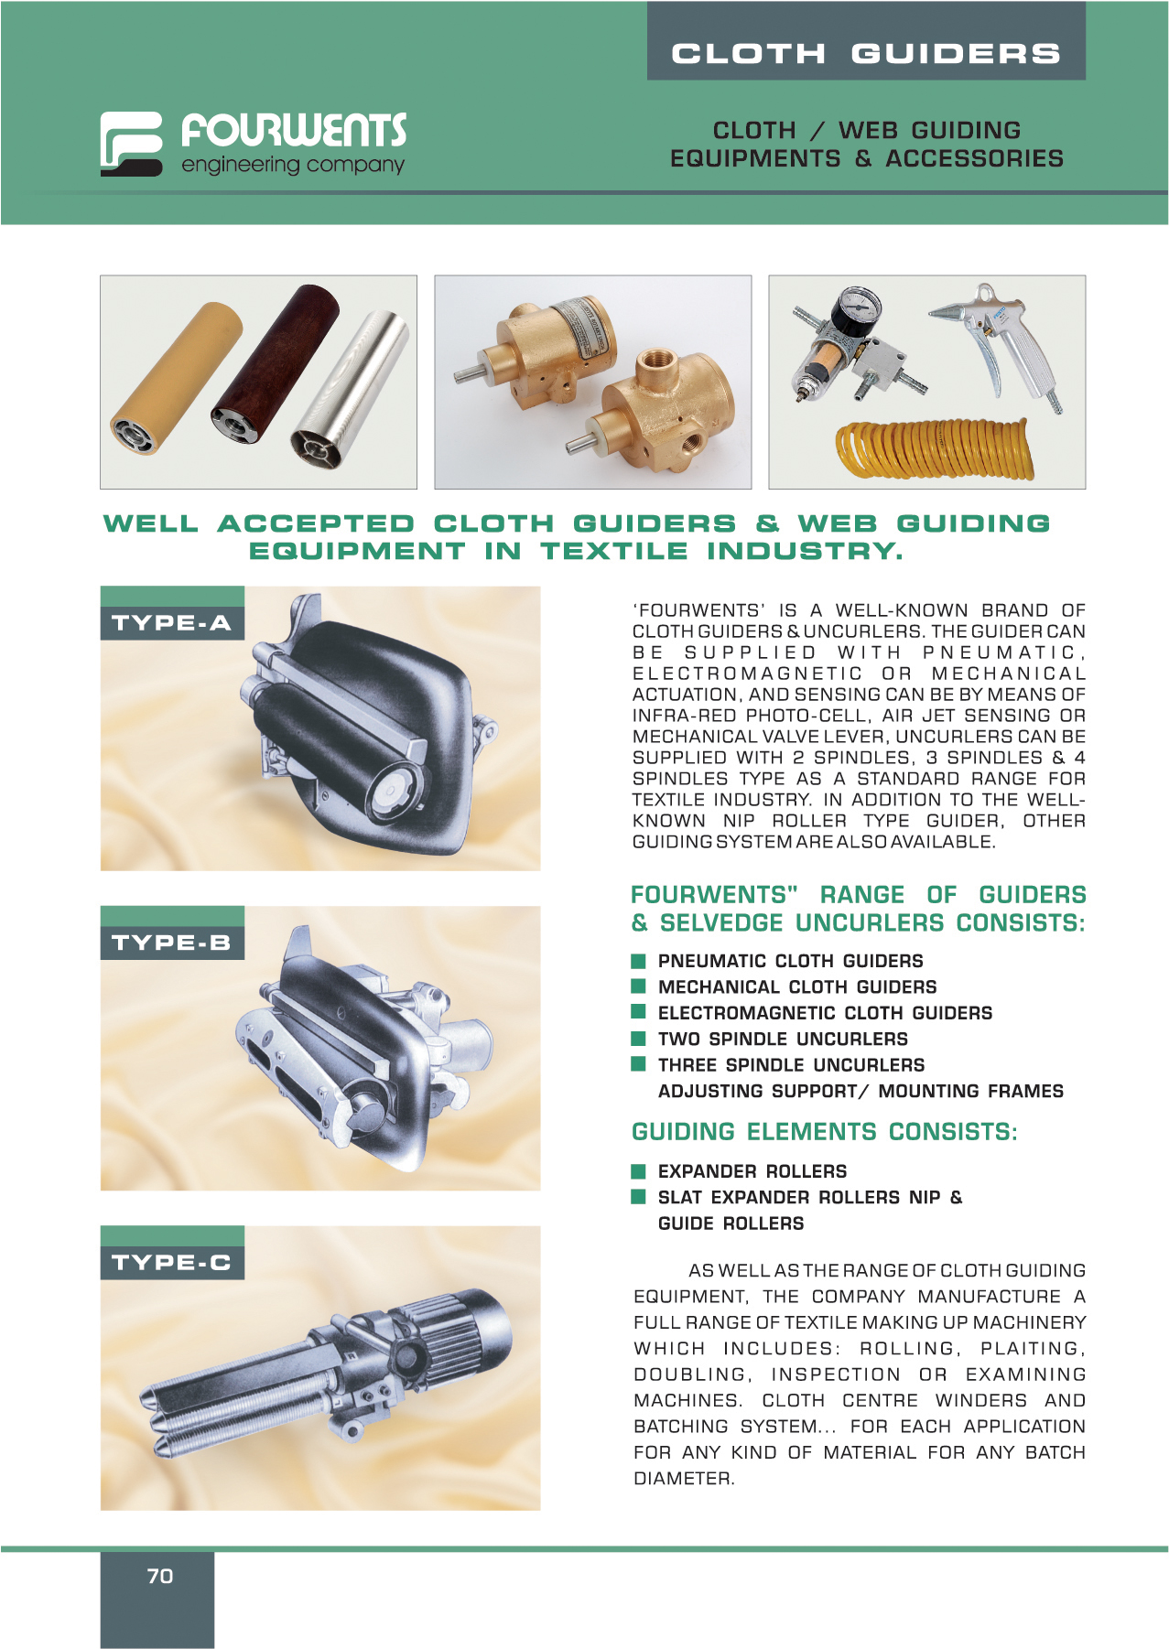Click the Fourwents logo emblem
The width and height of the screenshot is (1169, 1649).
click(131, 144)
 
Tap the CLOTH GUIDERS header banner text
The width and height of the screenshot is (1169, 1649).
click(866, 54)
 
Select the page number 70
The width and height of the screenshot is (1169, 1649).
click(160, 1576)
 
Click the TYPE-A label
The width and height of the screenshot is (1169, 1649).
click(171, 623)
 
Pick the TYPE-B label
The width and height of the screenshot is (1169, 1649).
click(171, 943)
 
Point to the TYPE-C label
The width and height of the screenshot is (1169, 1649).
click(171, 1263)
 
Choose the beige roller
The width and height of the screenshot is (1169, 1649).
click(176, 379)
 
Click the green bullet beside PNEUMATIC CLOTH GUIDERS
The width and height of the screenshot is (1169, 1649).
click(639, 961)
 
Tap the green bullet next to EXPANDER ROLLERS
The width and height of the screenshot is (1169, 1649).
click(639, 1171)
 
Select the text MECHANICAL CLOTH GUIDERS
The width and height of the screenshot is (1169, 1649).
click(797, 987)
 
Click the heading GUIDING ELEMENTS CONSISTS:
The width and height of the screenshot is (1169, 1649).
click(825, 1132)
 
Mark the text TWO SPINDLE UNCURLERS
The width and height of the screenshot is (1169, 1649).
click(783, 1040)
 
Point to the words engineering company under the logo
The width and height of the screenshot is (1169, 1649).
click(293, 166)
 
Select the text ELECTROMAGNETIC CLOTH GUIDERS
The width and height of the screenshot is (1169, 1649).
click(825, 1013)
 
